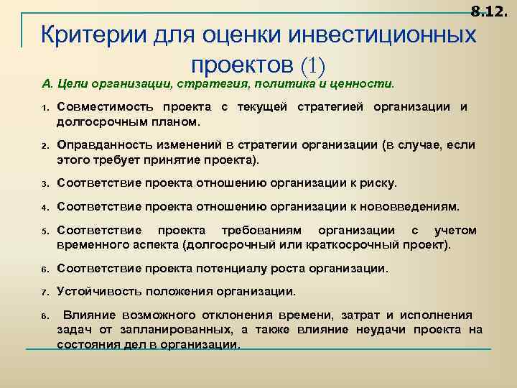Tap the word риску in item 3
tap(377, 183)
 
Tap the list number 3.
tap(45, 183)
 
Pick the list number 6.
tap(45, 269)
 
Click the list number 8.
tap(45, 316)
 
